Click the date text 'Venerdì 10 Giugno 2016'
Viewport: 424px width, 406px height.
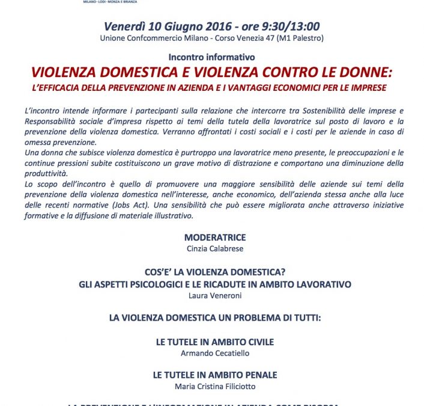[x=160, y=26]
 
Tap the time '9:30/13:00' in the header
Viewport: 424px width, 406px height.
[x=291, y=26]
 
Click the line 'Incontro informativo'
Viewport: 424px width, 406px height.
[x=212, y=57]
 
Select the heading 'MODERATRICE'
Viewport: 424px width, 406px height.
[x=211, y=237]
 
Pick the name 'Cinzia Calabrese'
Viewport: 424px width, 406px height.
[x=211, y=248]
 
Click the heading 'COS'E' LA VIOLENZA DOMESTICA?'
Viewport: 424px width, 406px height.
[x=211, y=272]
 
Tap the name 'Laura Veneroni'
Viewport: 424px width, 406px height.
[x=211, y=295]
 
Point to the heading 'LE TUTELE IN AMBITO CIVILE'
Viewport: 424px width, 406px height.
[x=214, y=342]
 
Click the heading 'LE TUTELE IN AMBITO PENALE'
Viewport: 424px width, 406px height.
[x=214, y=374]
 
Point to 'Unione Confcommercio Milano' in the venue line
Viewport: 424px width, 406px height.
[x=151, y=39]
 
